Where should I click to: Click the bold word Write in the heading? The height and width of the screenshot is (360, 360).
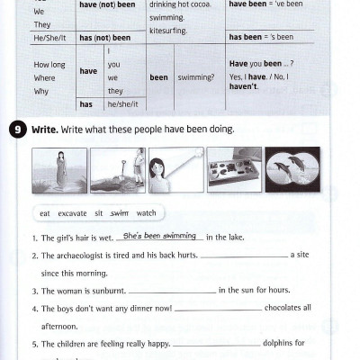click(44, 130)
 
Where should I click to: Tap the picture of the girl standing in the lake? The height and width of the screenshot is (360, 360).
click(59, 170)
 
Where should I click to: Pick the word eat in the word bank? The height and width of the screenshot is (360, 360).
click(45, 213)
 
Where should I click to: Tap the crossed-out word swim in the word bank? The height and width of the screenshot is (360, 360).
click(120, 213)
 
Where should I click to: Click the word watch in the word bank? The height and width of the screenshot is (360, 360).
click(146, 213)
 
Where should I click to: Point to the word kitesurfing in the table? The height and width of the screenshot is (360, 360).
click(167, 29)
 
